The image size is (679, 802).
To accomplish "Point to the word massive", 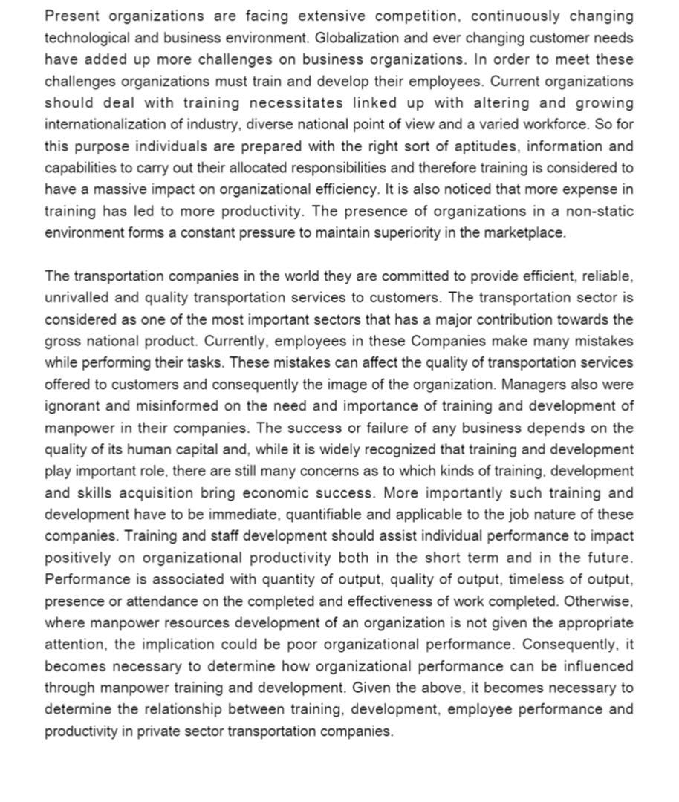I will pos(113,189).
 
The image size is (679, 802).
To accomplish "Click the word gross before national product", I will pos(62,342).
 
